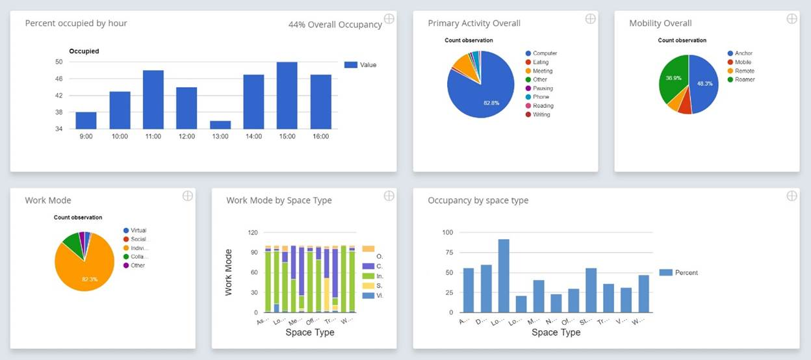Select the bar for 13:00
click(x=220, y=125)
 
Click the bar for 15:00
click(x=287, y=96)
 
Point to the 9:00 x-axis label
click(x=86, y=136)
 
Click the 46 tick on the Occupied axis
click(x=58, y=79)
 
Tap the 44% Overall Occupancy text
click(x=335, y=25)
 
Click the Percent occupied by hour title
click(x=76, y=23)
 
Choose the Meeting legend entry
click(x=543, y=71)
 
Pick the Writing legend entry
click(x=541, y=114)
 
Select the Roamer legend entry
click(x=745, y=79)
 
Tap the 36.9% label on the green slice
click(x=673, y=78)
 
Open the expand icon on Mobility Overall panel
click(x=792, y=19)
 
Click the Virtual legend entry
click(x=138, y=230)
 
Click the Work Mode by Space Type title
click(x=279, y=200)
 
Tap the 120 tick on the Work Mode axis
click(x=253, y=233)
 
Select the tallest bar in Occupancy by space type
click(x=504, y=276)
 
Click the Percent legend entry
click(x=686, y=273)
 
